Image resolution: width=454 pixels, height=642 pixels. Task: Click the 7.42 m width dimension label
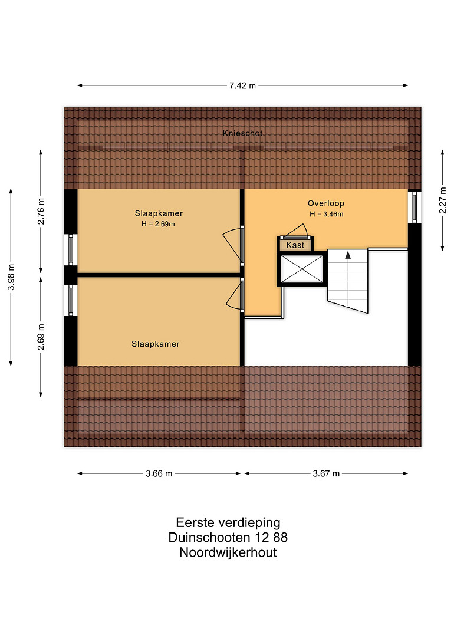coord(242,85)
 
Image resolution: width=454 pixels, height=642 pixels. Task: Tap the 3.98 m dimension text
coord(11,277)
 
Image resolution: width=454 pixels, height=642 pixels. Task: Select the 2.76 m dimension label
coord(41,211)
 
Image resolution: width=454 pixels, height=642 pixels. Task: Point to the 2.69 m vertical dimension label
coord(41,337)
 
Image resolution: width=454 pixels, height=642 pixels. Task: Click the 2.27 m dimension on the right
coord(443,200)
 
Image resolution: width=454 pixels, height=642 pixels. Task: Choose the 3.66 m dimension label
coord(159,474)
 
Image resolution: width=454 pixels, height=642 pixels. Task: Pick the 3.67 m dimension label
coord(326,474)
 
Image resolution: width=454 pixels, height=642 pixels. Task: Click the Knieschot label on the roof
coord(243,133)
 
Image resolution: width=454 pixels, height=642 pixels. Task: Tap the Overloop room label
coord(326,203)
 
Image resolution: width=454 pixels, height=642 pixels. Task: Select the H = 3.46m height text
coord(326,214)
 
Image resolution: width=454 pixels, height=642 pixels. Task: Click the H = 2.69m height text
coord(158,224)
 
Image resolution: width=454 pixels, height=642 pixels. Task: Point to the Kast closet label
coord(295,245)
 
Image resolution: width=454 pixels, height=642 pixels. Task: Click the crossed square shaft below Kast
coord(302,269)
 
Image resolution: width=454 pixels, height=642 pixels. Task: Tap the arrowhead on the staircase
coord(348,255)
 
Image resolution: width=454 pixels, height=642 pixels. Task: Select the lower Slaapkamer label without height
coord(156,344)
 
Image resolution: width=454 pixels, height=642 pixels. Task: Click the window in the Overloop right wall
coord(414,207)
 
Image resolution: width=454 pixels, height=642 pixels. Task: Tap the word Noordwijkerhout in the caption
coord(228,552)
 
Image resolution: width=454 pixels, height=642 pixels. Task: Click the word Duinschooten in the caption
coord(209,537)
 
